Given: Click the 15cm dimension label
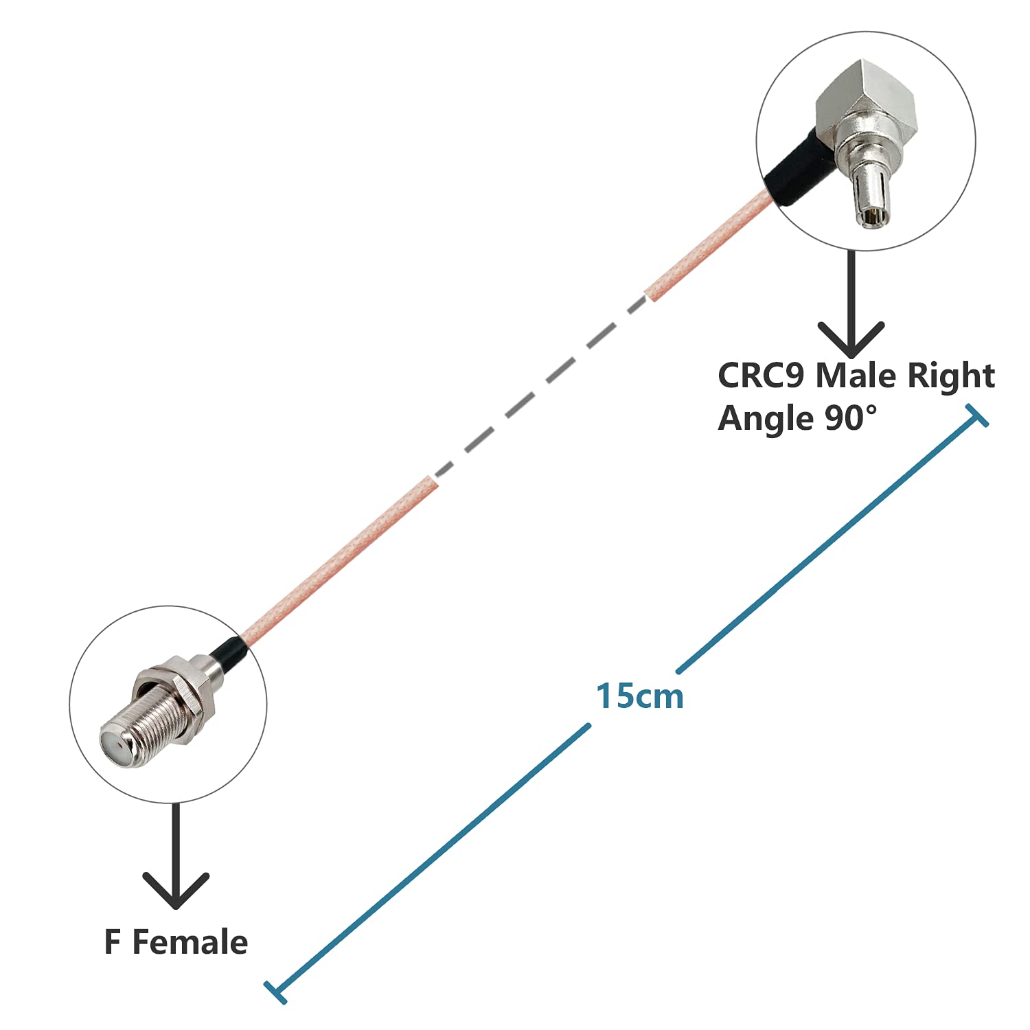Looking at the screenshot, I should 639,696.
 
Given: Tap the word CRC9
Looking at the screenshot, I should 760,376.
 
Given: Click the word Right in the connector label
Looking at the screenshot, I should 951,377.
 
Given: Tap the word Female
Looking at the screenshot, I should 190,942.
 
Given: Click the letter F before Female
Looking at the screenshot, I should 112,942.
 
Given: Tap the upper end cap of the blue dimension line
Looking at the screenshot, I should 976,415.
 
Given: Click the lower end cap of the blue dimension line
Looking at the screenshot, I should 275,992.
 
